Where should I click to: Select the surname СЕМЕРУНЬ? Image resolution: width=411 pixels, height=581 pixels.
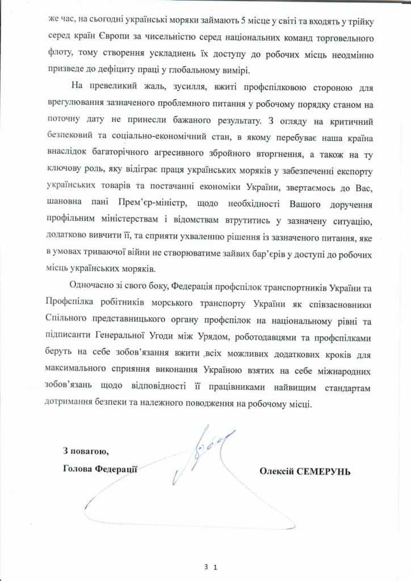(325, 471)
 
